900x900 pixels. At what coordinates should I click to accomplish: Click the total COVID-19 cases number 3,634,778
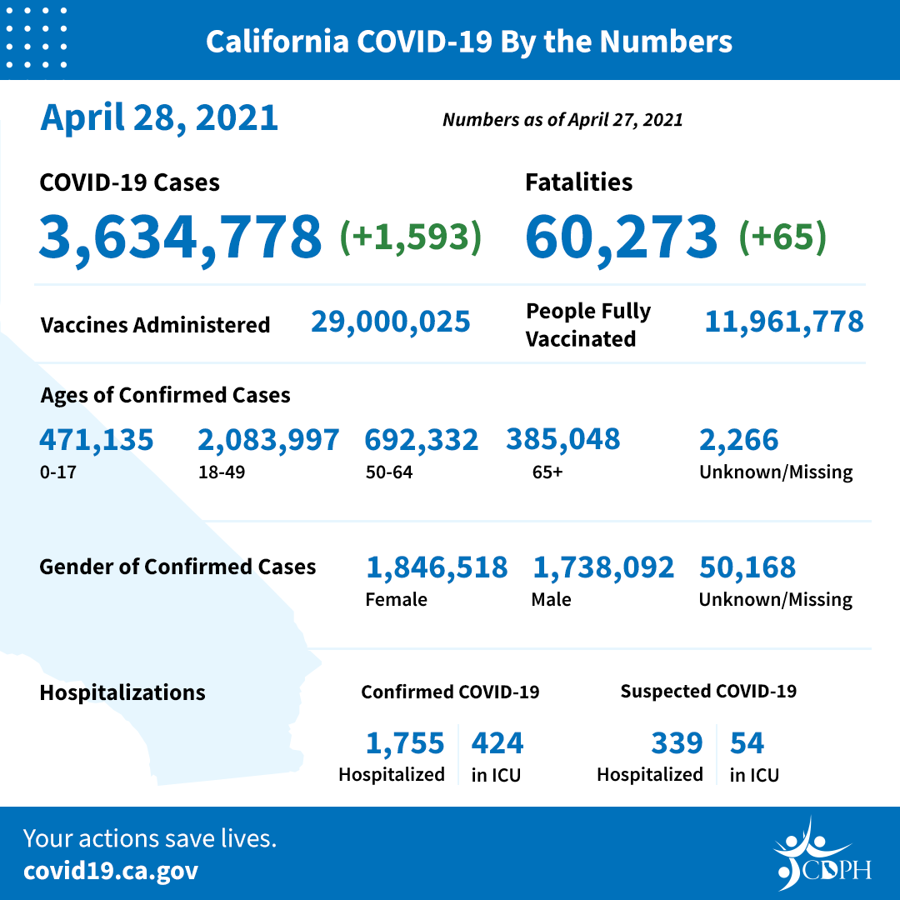point(180,237)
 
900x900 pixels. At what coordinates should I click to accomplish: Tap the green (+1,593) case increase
point(410,237)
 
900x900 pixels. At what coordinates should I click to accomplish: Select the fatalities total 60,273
point(621,237)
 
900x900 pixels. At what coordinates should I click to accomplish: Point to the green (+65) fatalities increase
point(782,237)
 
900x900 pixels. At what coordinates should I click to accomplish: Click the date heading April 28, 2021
point(158,117)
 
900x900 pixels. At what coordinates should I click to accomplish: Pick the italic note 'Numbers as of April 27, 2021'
point(562,120)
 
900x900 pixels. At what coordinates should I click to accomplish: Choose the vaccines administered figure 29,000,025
point(391,322)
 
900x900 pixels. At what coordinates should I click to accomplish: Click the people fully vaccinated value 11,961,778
point(783,322)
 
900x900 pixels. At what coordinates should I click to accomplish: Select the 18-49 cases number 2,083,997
point(268,440)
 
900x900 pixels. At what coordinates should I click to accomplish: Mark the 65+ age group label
point(547,472)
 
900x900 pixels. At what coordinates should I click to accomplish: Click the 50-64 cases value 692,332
point(422,440)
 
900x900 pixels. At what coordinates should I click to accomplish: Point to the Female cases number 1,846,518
point(437,567)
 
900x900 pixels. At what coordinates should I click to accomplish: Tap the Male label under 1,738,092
point(551,599)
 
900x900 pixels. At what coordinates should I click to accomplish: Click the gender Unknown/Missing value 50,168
point(747,567)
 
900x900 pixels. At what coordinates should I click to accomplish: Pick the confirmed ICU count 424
point(497,742)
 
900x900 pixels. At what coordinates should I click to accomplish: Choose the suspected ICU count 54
point(747,742)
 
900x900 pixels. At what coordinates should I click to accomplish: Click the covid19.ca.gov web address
point(111,871)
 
